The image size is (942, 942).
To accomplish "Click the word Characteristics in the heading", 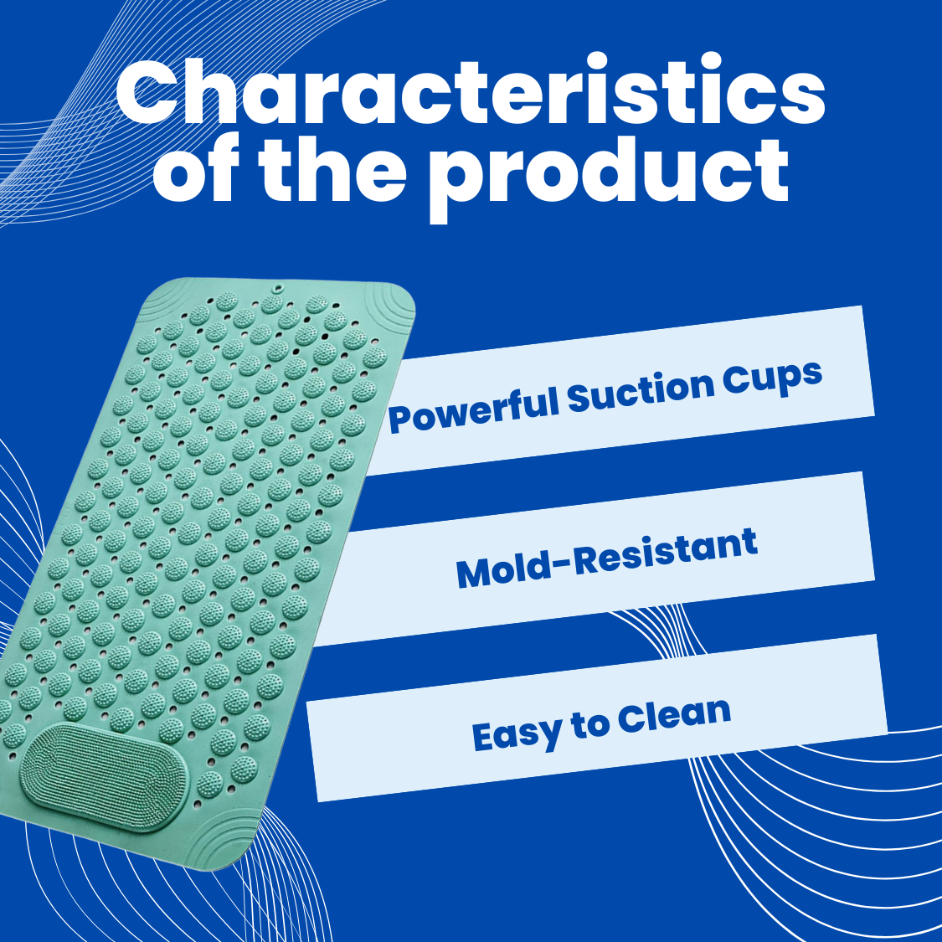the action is point(470,90).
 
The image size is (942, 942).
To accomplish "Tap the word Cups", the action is point(772,379).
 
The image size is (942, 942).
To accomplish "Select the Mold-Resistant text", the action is point(606,559).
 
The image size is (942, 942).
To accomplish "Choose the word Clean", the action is point(673,716).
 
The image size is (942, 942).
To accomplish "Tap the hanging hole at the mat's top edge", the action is point(277,289).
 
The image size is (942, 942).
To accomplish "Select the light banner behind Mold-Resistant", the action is point(594,559).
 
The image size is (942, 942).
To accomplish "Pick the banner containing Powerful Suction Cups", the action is point(619,390).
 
